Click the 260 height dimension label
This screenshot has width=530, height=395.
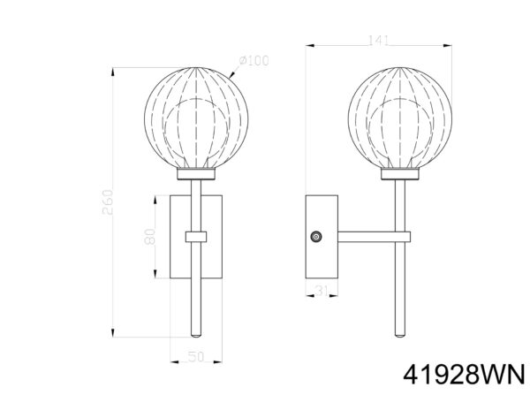[108, 202]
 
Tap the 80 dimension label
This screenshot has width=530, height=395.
[149, 236]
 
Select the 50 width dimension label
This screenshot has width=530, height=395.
[196, 356]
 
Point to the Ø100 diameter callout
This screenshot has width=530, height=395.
[254, 61]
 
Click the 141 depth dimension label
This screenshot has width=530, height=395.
[378, 41]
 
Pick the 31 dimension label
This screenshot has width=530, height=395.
[322, 290]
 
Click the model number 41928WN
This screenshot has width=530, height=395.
[465, 375]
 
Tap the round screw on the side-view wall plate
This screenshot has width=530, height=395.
[316, 237]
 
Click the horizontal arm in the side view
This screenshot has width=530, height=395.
[374, 237]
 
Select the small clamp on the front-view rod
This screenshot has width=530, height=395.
[196, 237]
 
